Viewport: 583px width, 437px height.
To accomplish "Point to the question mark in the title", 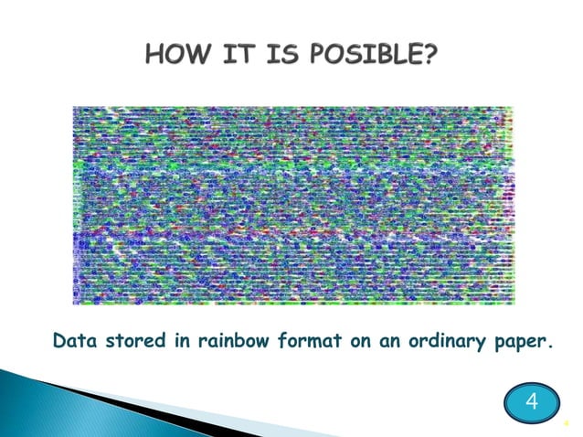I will pyautogui.click(x=430, y=59).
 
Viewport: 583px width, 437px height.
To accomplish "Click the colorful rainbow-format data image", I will pyautogui.click(x=292, y=205).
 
